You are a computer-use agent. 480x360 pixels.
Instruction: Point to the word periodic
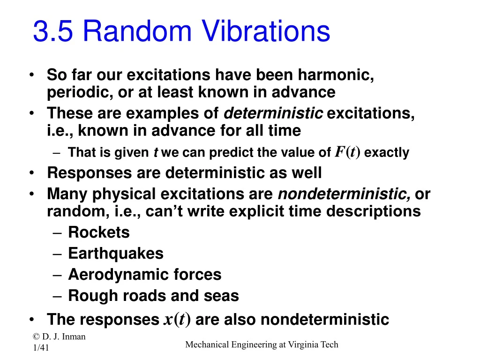tap(76, 92)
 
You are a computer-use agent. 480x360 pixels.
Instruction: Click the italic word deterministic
tap(273, 113)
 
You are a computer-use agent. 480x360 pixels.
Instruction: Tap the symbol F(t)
tap(347, 152)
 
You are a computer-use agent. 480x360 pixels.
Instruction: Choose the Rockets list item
tap(98, 232)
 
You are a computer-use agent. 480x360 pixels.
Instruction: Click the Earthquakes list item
tap(115, 253)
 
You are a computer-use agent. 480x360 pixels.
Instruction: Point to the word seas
tap(221, 296)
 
